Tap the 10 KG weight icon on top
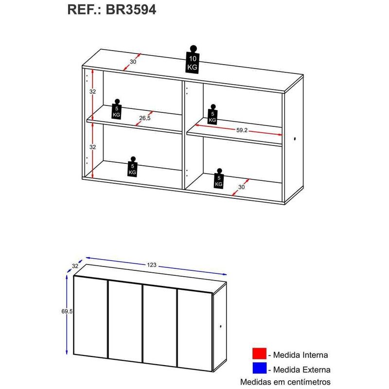pos(193,60)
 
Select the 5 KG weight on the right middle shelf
pos(212,114)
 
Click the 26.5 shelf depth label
pos(144,118)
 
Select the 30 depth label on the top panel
pos(133,62)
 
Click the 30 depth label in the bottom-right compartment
pos(241,187)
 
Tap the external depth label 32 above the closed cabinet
pos(75,266)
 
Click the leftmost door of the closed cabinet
pos(90,318)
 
